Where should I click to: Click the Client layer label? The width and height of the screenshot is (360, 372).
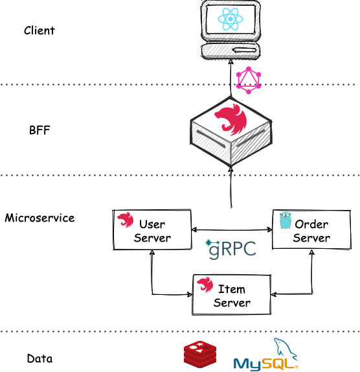tap(39, 30)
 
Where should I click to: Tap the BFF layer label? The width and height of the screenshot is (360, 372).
tap(39, 130)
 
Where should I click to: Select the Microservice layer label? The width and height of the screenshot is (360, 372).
tap(39, 218)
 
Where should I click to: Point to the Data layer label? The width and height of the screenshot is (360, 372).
tap(39, 358)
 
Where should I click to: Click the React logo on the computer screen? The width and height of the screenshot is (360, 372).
tap(231, 19)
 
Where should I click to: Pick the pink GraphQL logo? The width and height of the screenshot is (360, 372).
tap(249, 80)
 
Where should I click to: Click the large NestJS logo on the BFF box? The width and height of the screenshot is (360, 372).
tap(231, 120)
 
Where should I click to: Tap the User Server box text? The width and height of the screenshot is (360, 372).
tap(152, 231)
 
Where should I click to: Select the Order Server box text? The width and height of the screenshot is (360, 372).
tap(311, 231)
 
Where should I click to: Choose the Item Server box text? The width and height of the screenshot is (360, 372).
tap(232, 296)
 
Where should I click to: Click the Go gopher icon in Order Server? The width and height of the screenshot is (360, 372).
tap(285, 220)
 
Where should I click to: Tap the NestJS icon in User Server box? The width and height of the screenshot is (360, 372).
tap(126, 220)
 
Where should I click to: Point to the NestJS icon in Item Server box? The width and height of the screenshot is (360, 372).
tap(205, 285)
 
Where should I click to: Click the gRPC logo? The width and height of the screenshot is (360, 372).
tap(231, 250)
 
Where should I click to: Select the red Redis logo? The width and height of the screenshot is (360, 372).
tap(200, 355)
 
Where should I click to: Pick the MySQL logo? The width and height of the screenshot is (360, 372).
tap(265, 355)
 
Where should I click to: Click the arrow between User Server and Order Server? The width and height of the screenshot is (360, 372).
tap(232, 230)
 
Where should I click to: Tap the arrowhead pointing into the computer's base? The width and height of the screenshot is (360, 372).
tap(231, 62)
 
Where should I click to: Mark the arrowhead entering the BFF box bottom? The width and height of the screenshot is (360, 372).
tap(231, 170)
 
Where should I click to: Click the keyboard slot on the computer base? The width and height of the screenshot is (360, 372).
tap(244, 51)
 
